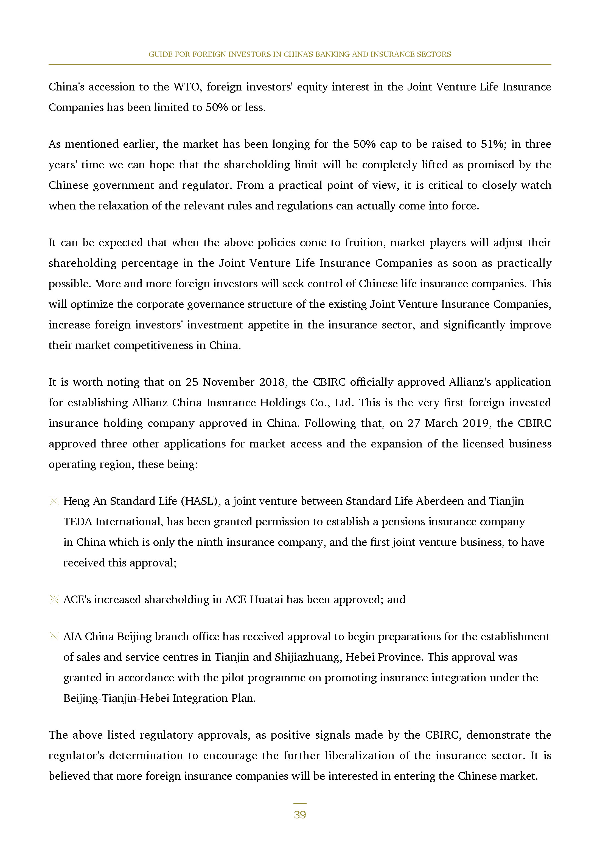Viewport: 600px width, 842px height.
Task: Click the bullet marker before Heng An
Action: [54, 501]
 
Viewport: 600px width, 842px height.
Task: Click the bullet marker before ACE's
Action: [54, 600]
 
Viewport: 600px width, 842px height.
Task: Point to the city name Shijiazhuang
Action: [308, 657]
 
